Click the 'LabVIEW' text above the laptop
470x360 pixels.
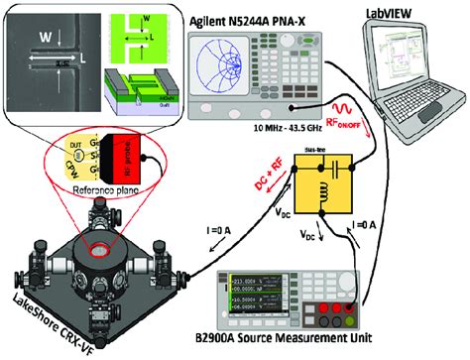point(392,13)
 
